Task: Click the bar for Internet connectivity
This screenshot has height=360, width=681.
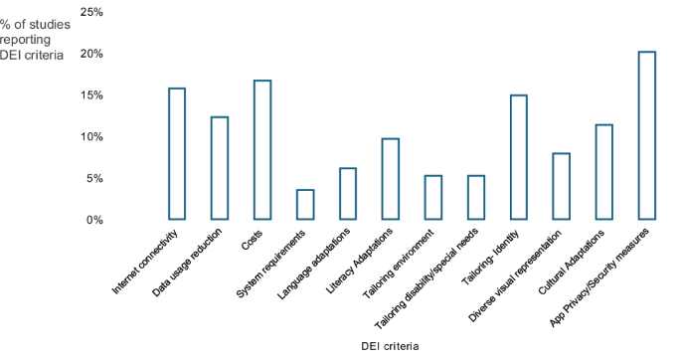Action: [x=177, y=154]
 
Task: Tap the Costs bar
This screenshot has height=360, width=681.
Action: [x=262, y=150]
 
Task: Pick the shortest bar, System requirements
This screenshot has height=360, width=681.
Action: [x=305, y=205]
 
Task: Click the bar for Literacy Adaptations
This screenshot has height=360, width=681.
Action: [x=391, y=179]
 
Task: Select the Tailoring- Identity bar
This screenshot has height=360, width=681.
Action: [x=518, y=157]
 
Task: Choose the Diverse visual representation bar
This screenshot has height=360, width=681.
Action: [x=561, y=186]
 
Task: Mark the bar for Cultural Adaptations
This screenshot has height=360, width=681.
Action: [x=603, y=172]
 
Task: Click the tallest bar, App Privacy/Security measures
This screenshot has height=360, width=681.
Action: [x=646, y=135]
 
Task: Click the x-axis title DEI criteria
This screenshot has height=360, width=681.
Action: [x=389, y=347]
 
